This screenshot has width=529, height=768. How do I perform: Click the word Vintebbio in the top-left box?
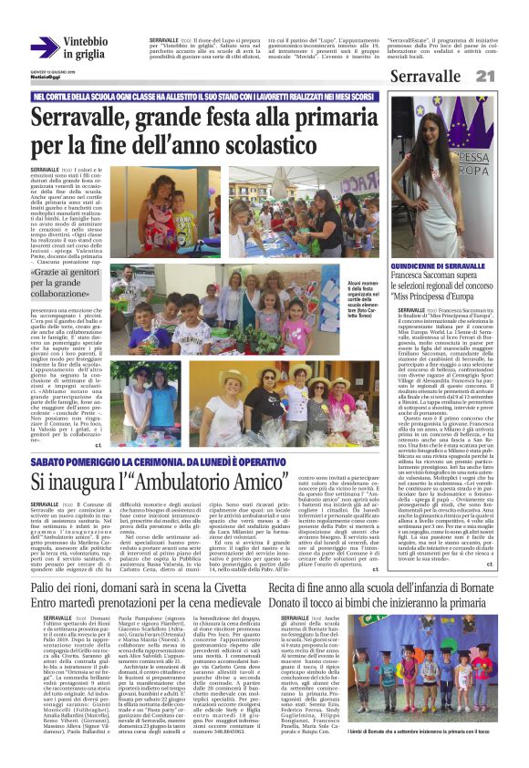[x=86, y=42]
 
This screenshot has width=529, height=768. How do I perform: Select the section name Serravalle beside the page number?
[x=426, y=77]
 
